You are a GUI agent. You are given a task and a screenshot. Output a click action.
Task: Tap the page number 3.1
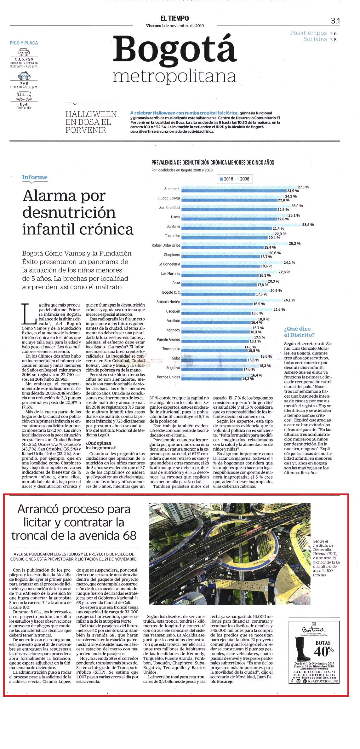click(335, 21)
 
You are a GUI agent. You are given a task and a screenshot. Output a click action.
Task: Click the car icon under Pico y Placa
click(24, 52)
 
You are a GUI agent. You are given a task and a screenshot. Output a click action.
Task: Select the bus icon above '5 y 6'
click(24, 95)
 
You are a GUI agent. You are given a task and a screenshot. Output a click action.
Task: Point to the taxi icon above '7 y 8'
click(24, 76)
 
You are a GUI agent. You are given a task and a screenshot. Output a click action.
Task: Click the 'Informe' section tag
click(35, 177)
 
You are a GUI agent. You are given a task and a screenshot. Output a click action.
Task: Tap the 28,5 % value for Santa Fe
click(308, 225)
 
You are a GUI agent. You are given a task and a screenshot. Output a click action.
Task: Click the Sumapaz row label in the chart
click(172, 189)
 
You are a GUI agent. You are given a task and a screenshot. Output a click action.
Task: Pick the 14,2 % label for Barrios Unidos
click(248, 379)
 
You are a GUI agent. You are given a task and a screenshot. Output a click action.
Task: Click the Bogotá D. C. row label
click(171, 292)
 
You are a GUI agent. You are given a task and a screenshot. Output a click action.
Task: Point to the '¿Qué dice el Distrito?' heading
click(299, 332)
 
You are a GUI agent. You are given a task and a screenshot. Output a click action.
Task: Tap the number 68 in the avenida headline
click(130, 535)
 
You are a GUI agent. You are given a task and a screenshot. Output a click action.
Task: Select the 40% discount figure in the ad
click(324, 649)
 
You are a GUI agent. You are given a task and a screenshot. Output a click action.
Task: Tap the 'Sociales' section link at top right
click(315, 39)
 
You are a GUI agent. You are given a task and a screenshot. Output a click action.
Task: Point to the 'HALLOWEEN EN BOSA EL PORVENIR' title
click(91, 122)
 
